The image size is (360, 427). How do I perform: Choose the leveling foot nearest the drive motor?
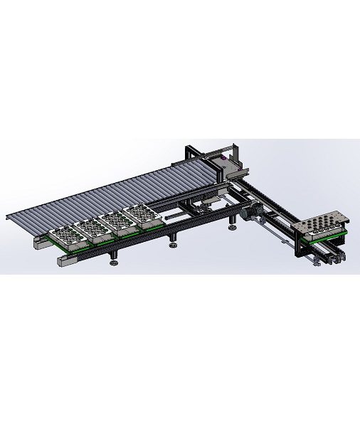tap(233, 229)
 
